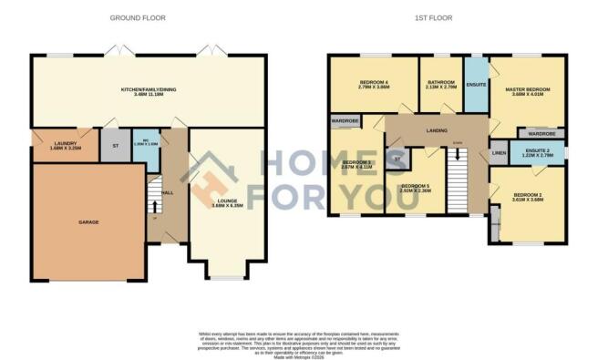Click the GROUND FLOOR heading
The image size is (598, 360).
coord(131,17)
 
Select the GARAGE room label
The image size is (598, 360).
coord(88,222)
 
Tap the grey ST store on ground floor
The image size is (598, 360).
coord(116,147)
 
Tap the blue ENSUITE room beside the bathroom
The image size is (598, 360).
coord(476,85)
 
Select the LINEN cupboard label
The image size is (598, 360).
coord(499,152)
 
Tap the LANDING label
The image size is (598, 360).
coord(437,131)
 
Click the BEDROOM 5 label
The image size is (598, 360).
coord(416,189)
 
